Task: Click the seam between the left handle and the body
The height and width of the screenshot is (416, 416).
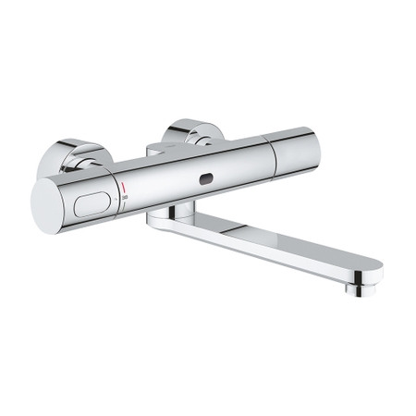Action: coord(116,190)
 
